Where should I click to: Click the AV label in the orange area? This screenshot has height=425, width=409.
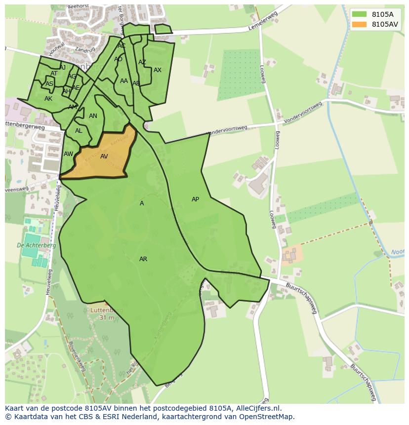tap(104, 156)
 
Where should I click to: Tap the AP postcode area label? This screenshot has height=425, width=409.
tap(195, 199)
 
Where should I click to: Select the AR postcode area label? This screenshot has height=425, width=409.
tap(143, 259)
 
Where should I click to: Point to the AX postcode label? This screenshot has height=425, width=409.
tap(158, 70)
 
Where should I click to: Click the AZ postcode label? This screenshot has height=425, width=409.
tap(142, 62)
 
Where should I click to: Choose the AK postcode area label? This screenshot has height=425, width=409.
tap(48, 99)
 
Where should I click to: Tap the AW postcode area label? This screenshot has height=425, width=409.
tap(68, 154)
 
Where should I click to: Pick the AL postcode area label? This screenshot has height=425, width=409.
tap(79, 131)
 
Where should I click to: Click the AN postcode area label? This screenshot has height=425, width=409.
tap(93, 116)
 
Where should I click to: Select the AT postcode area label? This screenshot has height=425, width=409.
tap(54, 74)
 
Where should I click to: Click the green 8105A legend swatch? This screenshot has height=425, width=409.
tap(359, 14)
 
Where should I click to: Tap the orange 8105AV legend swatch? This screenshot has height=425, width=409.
tap(359, 24)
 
